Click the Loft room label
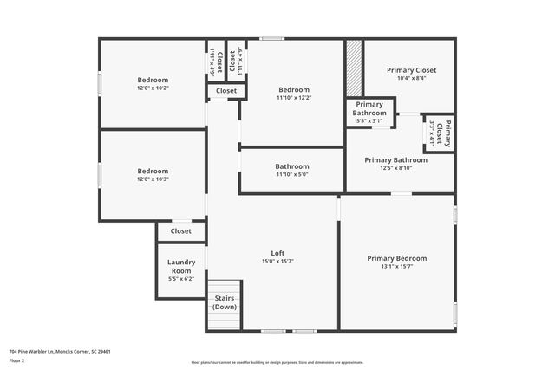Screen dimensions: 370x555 277,253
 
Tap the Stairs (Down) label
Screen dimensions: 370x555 225,302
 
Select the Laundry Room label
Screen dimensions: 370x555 181,266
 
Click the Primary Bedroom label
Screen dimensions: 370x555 396,258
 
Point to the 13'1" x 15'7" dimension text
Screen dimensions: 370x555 396,267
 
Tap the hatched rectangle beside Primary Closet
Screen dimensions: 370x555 354,68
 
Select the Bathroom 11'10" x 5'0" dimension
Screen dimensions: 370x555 292,174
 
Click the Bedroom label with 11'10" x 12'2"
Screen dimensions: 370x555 294,89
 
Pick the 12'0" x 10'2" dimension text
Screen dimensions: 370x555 153,88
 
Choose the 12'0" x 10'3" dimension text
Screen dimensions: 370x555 153,179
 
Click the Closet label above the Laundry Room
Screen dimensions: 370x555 181,231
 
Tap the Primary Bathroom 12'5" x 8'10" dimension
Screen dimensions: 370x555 395,168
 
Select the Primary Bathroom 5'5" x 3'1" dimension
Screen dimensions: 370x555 369,120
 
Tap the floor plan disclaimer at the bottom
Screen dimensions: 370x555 277,362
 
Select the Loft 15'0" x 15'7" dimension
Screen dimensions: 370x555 277,262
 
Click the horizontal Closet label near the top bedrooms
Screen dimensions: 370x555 226,90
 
